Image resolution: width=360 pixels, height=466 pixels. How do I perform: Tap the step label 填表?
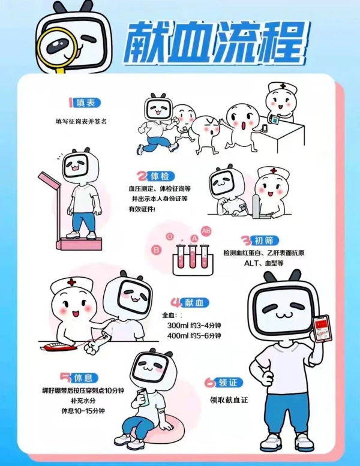coord(86,103)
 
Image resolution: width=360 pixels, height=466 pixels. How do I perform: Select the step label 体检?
coord(160,176)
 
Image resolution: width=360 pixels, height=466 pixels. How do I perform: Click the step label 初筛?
coord(264,240)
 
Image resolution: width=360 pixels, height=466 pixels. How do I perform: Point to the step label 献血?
coord(194,302)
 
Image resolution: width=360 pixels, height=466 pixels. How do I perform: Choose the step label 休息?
coord(83,378)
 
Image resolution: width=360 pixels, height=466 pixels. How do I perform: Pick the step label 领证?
coord(228,383)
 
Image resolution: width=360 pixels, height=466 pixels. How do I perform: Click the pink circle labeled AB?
coord(206,231)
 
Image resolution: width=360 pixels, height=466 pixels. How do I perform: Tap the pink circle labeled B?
coord(156,249)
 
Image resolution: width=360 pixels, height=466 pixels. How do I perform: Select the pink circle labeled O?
coord(170,236)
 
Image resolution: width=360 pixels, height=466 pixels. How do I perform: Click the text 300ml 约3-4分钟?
coord(194,325)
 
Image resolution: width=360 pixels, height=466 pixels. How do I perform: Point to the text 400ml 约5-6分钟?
coord(194,336)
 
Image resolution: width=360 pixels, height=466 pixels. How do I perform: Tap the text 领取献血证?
coord(229,400)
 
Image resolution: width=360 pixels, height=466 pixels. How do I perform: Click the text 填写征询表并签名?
coord(81,121)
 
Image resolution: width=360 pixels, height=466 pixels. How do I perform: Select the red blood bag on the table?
coord(58,347)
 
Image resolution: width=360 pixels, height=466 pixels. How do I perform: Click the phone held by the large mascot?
coord(322,329)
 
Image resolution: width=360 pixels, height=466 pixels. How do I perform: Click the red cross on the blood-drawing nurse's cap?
coord(71,282)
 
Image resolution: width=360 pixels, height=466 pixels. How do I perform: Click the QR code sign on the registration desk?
coord(275,119)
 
